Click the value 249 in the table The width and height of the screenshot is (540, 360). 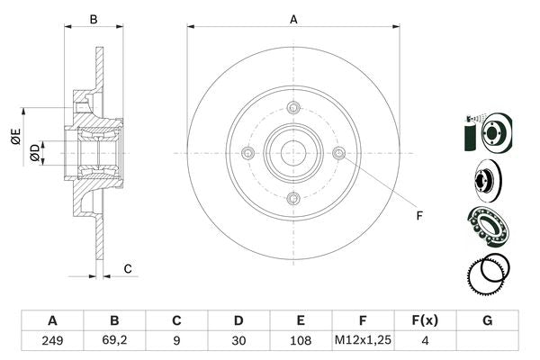pyautogui.click(x=52, y=342)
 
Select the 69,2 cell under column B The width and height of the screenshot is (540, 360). pyautogui.click(x=114, y=342)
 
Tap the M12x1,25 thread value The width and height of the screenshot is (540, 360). pyautogui.click(x=363, y=342)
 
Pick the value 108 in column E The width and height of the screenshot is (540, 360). pyautogui.click(x=301, y=342)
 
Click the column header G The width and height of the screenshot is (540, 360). pyautogui.click(x=487, y=320)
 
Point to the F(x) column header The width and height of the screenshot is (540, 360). pyautogui.click(x=425, y=320)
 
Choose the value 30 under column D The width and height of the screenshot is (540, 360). pyautogui.click(x=238, y=342)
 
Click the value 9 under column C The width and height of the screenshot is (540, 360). pyautogui.click(x=176, y=342)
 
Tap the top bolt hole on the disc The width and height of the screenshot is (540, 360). pyautogui.click(x=292, y=109)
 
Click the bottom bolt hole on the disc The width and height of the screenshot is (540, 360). pyautogui.click(x=292, y=198)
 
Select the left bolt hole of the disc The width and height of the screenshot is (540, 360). pyautogui.click(x=247, y=154)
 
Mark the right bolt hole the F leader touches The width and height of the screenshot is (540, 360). pyautogui.click(x=338, y=154)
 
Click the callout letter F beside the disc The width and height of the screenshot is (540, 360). pyautogui.click(x=418, y=215)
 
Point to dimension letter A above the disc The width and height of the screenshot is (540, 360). pyautogui.click(x=293, y=18)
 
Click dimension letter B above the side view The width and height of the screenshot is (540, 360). pyautogui.click(x=93, y=18)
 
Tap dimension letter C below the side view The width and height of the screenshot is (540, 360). pyautogui.click(x=128, y=268)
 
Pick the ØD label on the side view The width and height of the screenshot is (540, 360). pyautogui.click(x=34, y=152)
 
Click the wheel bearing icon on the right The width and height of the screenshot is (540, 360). pyautogui.click(x=487, y=225)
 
